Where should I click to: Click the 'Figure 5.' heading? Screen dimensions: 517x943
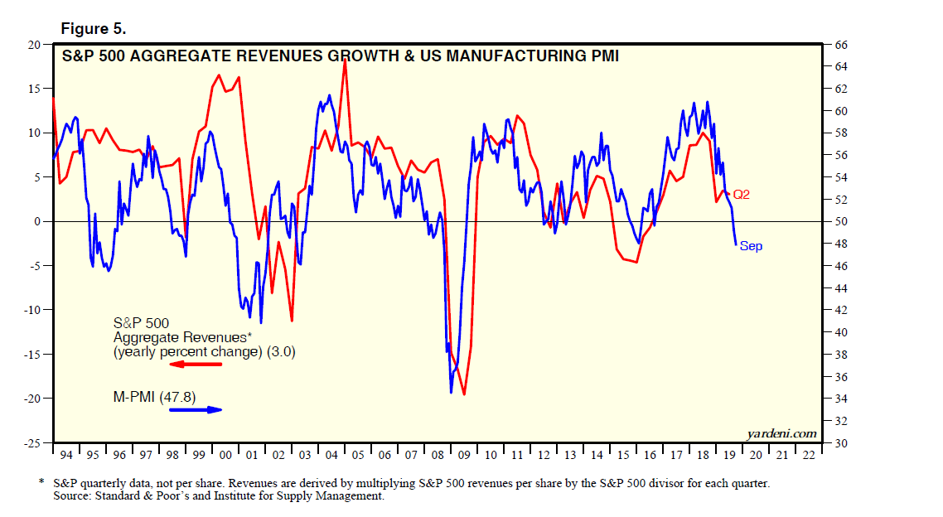point(94,29)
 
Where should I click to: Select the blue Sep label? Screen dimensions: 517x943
point(751,246)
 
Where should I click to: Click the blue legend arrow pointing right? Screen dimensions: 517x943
point(196,409)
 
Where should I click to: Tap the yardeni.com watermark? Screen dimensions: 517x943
point(781,433)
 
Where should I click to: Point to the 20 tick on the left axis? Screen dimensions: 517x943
point(35,44)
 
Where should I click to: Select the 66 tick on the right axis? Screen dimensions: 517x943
point(838,44)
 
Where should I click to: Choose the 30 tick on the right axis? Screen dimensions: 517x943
point(838,443)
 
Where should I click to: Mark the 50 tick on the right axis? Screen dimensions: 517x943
point(838,221)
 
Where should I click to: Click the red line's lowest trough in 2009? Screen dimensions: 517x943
point(464,394)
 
